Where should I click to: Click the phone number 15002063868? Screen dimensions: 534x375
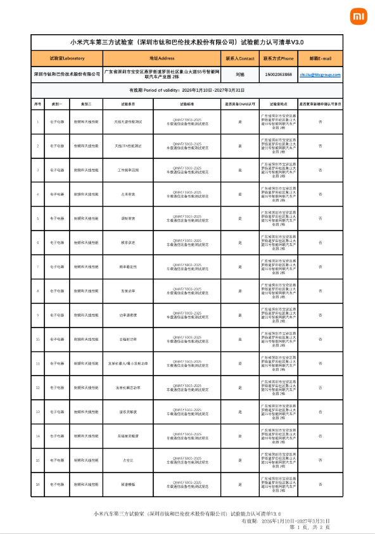[279, 74]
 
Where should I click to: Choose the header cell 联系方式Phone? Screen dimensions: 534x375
[279, 58]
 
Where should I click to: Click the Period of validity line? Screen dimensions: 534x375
[187, 91]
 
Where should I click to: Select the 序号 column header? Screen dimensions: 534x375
[38, 103]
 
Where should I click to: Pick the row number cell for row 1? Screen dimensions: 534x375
[38, 121]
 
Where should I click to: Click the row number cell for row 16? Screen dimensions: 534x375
[38, 485]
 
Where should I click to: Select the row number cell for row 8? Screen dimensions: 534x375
[38, 291]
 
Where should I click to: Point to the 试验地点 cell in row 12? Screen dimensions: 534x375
[279, 388]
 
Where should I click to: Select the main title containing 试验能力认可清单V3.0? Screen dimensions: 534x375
[187, 42]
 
